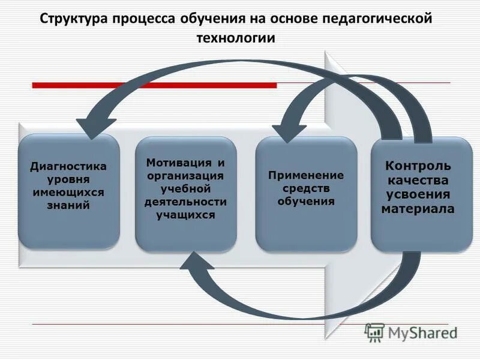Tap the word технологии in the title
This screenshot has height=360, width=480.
click(236, 38)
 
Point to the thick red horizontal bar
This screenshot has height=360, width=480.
click(154, 85)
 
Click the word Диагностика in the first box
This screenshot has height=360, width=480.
click(68, 166)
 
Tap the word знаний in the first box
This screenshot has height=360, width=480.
click(68, 205)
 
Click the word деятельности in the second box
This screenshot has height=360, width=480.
click(185, 202)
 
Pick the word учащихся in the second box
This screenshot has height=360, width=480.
click(185, 214)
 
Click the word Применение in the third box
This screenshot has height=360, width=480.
click(306, 175)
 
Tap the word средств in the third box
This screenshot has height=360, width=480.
click(306, 188)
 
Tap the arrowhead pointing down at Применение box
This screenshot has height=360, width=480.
click(289, 132)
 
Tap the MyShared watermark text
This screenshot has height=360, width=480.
click(422, 332)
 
